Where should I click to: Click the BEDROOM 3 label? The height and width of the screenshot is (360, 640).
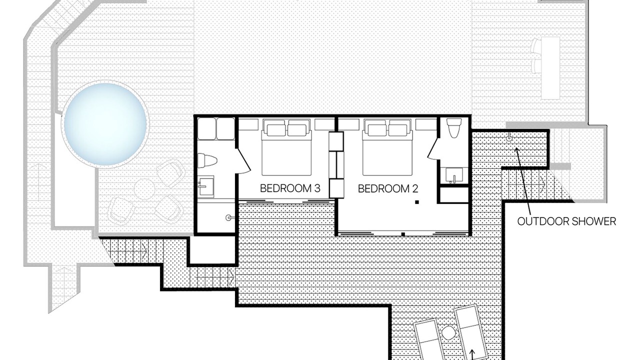290,188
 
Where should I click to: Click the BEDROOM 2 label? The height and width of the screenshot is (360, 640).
388,188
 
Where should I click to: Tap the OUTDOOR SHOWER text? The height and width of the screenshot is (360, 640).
566,221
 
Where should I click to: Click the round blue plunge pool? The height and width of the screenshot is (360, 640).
105,123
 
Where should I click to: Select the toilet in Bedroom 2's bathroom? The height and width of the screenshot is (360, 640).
454,128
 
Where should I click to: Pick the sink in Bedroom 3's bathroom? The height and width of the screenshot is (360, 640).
206,186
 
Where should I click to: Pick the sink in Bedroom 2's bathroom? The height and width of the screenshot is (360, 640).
454,175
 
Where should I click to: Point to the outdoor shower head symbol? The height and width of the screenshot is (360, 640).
508,138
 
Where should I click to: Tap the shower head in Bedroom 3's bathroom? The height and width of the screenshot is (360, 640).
229,217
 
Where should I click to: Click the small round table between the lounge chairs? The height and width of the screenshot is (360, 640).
144,189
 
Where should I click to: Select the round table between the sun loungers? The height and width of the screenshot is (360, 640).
448,333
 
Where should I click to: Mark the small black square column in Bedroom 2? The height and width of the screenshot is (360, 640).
417,202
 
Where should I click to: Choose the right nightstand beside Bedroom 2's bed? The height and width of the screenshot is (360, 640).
426,124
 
